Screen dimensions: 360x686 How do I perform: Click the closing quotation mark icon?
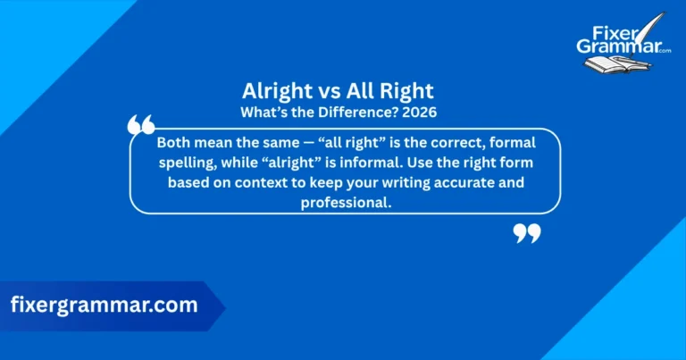[527, 233]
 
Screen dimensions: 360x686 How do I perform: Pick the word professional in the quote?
[345, 202]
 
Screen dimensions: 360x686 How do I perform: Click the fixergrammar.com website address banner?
[104, 306]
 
